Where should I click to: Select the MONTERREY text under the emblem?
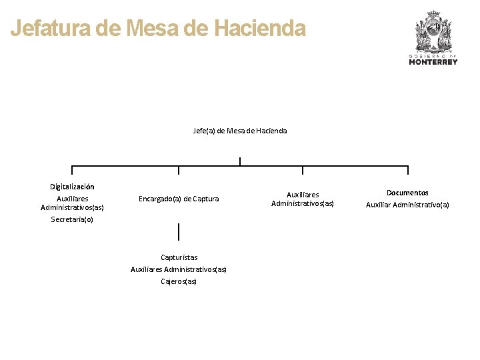point(433,62)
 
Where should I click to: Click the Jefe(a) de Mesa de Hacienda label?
point(240,131)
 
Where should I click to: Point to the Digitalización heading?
point(72,187)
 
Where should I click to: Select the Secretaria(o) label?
point(72,219)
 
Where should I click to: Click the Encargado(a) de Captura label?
point(179,199)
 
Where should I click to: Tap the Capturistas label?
point(179,257)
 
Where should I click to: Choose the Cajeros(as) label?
point(179,281)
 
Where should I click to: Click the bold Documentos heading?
point(407,193)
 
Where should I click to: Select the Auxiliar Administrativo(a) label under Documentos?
point(407,205)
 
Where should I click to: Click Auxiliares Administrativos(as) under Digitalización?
point(72,203)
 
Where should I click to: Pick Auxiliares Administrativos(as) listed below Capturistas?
point(179,269)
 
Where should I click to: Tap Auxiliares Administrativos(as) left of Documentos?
point(303,199)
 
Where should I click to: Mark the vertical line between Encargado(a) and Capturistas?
point(179,232)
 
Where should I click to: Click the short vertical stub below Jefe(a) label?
point(239,161)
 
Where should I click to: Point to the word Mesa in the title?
point(149,29)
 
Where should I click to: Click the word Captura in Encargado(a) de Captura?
point(205,199)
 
